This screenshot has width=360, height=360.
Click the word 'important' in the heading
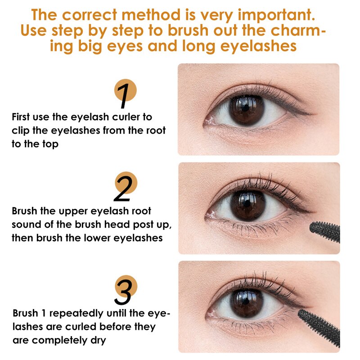point(276,16)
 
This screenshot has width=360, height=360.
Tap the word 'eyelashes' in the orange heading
point(258,46)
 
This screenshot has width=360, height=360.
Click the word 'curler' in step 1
point(126,117)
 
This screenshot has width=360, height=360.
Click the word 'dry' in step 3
point(98,341)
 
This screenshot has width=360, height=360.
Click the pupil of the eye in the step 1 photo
point(246,108)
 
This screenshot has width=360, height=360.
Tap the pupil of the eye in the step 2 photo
point(247,203)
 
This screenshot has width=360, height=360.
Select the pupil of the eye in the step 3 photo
point(246,302)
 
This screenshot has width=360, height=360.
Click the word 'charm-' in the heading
point(298,30)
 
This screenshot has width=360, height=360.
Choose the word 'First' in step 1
point(21,117)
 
